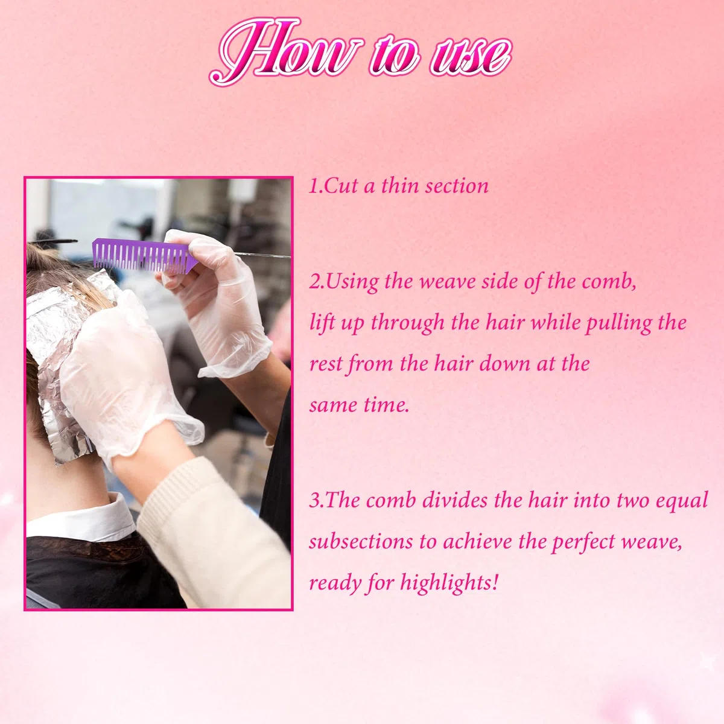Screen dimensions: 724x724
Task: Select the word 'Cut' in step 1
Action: pyautogui.click(x=340, y=186)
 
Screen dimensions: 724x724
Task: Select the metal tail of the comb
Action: pyautogui.click(x=262, y=255)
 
